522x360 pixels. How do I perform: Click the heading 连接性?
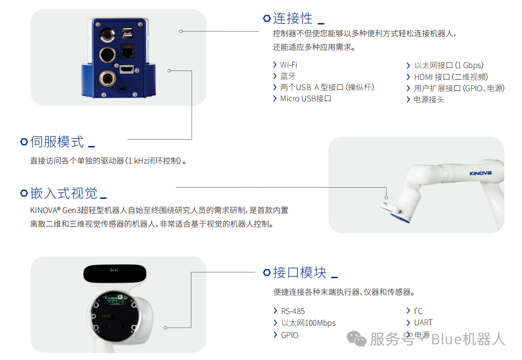[x=292, y=18]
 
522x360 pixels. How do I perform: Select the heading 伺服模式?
[x=57, y=142]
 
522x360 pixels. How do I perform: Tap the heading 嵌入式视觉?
[x=64, y=193]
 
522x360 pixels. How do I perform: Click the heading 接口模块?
[x=300, y=273]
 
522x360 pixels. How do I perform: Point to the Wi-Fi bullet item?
[x=288, y=65]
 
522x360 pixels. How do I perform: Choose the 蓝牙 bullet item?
[x=288, y=76]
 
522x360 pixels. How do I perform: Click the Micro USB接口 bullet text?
[x=306, y=99]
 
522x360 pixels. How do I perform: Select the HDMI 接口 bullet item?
[x=451, y=77]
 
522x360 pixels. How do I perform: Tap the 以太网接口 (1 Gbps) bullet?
[x=449, y=65]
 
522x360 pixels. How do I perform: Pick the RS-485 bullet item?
[x=293, y=311]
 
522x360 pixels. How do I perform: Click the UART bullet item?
[x=423, y=322]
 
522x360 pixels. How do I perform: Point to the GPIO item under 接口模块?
[x=289, y=335]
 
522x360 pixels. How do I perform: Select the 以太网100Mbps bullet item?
[x=309, y=323]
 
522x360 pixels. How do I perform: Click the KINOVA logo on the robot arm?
[x=480, y=173]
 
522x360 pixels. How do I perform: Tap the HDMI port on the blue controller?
[x=127, y=69]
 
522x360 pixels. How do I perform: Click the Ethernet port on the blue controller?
[x=127, y=51]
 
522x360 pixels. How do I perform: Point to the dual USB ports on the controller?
[x=127, y=34]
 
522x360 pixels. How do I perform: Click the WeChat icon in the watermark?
[x=357, y=338]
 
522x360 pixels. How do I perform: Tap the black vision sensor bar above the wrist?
[x=115, y=274]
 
